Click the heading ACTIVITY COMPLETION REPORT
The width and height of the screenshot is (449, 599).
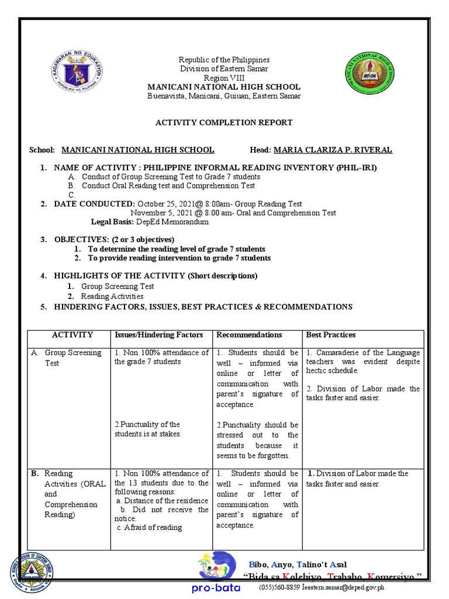224,122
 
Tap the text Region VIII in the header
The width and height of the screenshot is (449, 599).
224,78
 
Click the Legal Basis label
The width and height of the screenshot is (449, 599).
112,222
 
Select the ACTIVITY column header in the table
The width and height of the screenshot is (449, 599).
72,335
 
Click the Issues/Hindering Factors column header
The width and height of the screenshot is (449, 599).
159,335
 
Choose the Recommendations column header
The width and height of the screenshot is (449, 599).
249,335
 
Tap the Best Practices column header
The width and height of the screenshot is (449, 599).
331,335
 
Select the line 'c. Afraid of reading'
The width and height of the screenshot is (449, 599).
150,527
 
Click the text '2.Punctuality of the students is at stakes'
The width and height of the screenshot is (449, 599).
148,429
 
